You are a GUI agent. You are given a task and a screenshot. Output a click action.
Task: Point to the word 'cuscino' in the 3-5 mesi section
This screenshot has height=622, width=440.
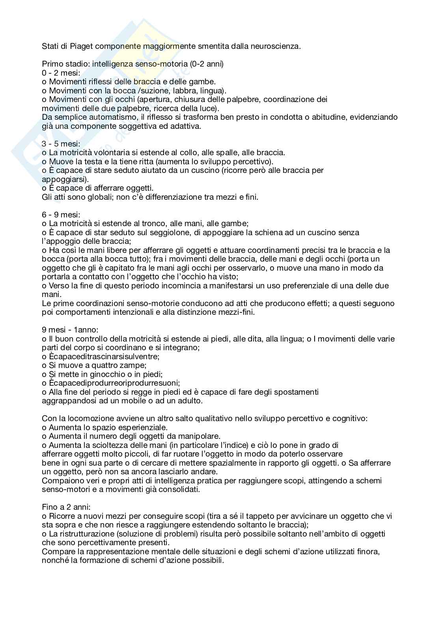click(x=203, y=170)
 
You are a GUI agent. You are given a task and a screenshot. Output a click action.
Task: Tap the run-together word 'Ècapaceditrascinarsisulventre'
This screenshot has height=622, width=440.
click(x=104, y=356)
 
